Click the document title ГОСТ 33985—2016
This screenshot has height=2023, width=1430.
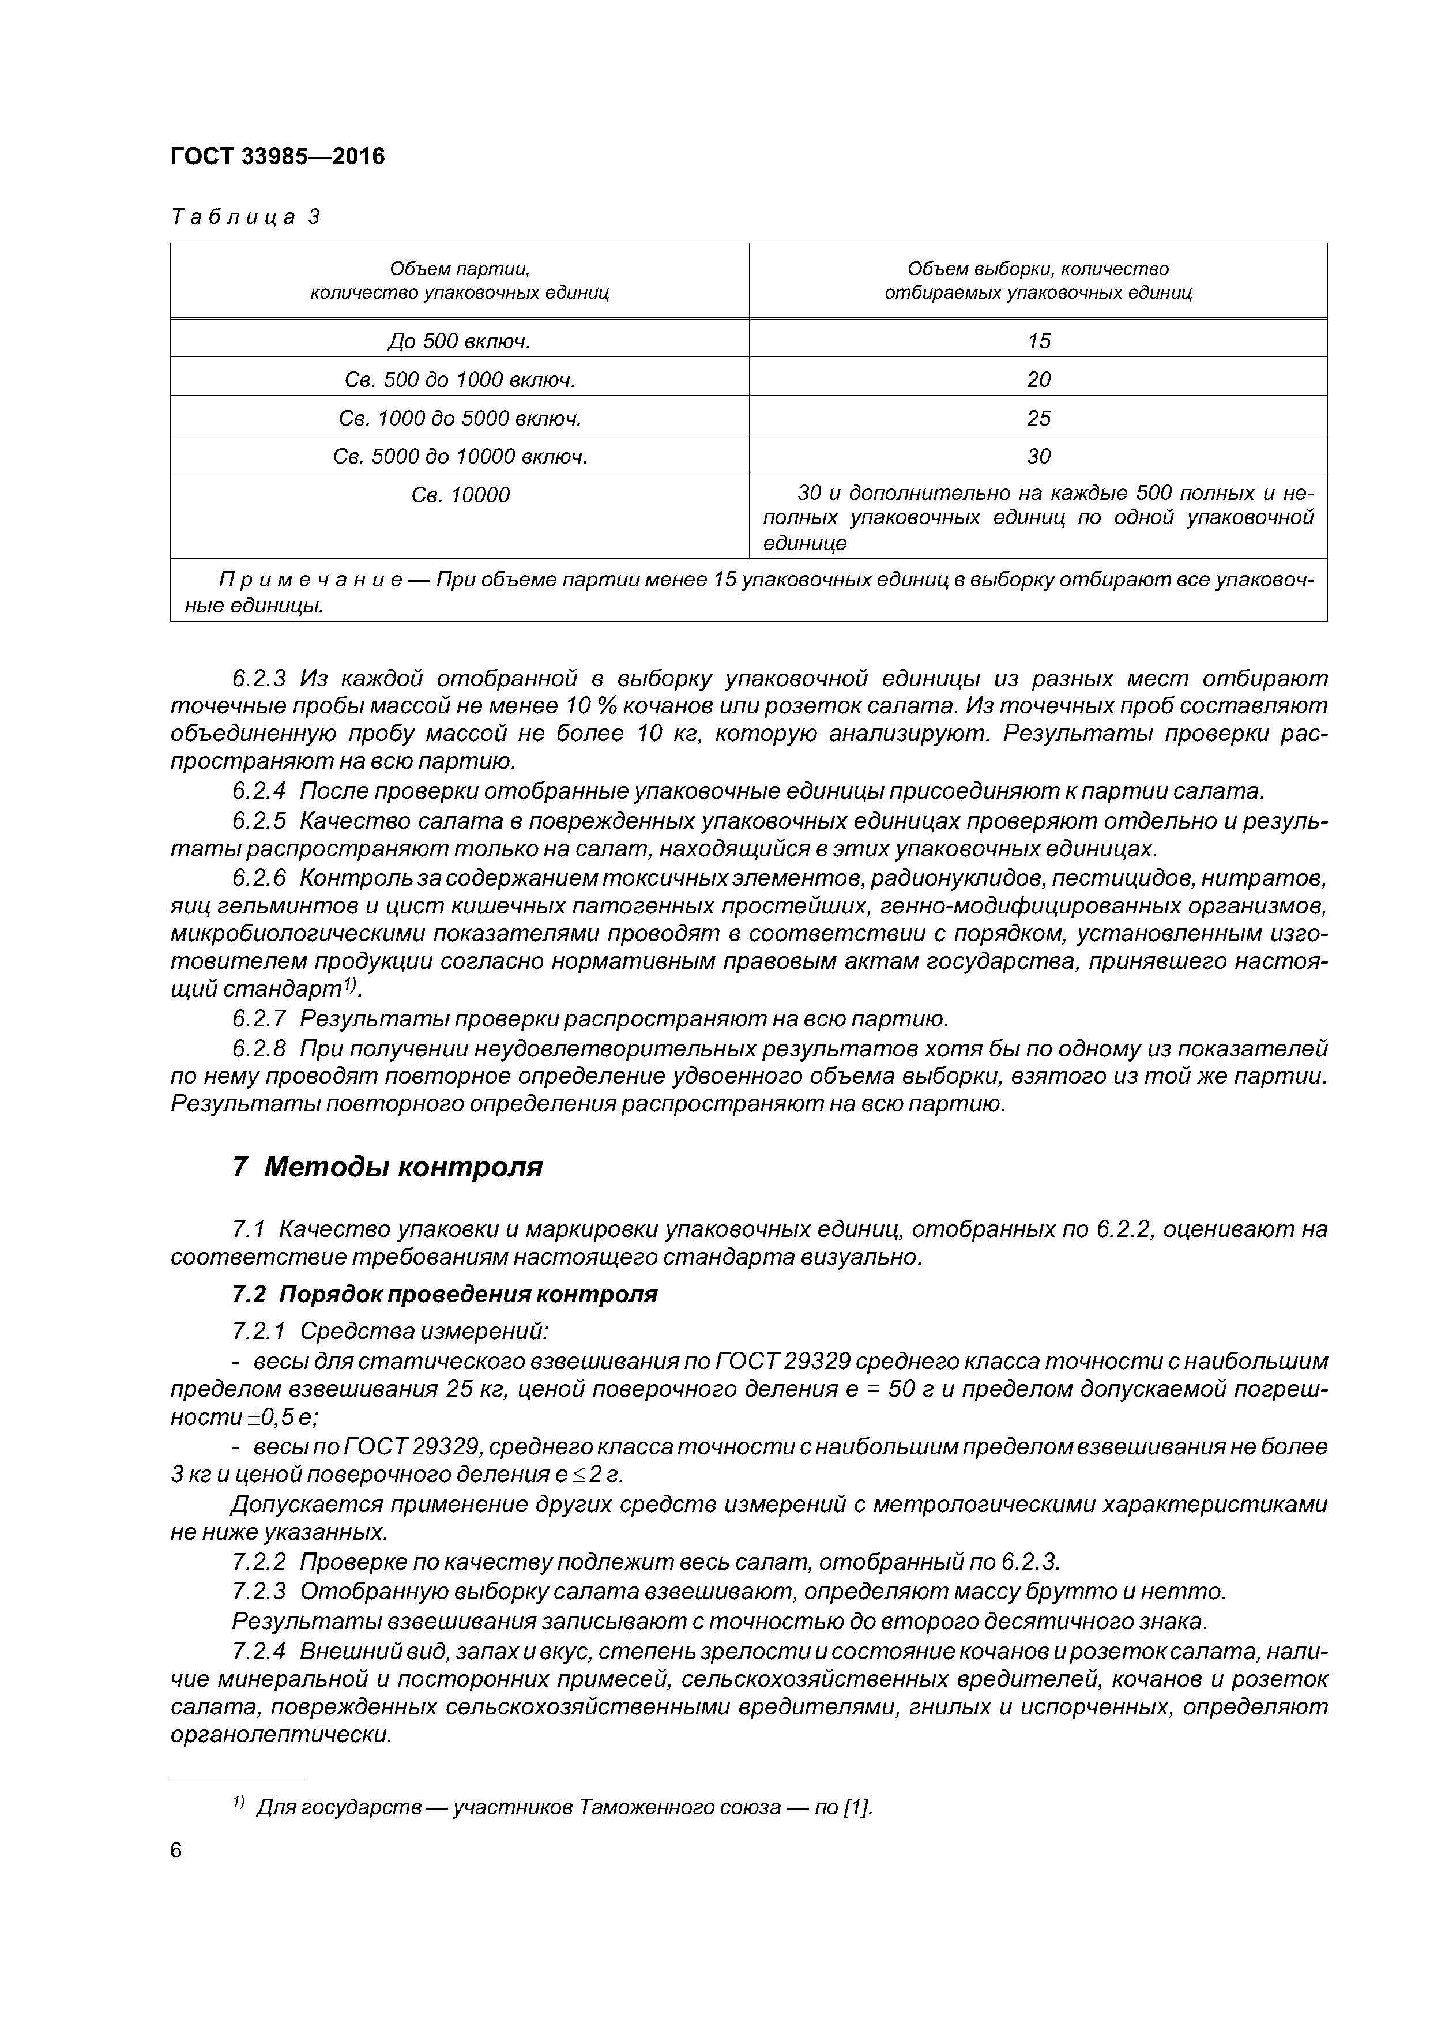[277, 157]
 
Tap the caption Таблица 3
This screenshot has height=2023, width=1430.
[245, 217]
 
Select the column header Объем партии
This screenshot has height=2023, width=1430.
[459, 280]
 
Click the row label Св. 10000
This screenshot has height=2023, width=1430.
[460, 495]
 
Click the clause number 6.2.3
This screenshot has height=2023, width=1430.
[259, 678]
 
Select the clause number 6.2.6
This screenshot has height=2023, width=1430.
[259, 878]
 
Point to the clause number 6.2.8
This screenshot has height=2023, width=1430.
[259, 1048]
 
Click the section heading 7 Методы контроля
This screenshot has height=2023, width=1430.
[387, 1167]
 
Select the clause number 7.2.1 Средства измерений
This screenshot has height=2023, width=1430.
[259, 1330]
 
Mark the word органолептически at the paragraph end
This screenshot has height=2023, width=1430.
[280, 1735]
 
